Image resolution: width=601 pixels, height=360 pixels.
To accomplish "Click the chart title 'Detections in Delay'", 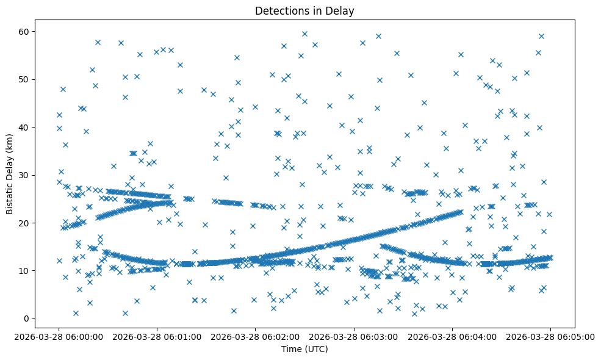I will pos(304,11).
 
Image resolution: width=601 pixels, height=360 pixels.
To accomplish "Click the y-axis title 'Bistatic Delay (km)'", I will pos(10,165).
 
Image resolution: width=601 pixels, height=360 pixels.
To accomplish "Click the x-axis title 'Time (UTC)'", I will pos(304,349).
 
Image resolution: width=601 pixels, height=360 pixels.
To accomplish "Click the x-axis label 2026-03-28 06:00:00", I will pos(59,337).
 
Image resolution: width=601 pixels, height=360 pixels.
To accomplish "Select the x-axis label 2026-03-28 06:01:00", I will pos(157,337).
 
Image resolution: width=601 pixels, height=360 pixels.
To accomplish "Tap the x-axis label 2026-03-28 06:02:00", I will pos(255,337).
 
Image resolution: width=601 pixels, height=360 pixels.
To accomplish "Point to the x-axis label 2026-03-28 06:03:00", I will pos(354,337).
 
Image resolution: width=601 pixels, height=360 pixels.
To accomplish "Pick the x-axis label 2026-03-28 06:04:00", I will pos(452,337).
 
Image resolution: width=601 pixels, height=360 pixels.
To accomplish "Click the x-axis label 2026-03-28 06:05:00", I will pos(550,337).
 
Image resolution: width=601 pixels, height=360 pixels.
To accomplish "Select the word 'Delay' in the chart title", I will pos(341,11).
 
